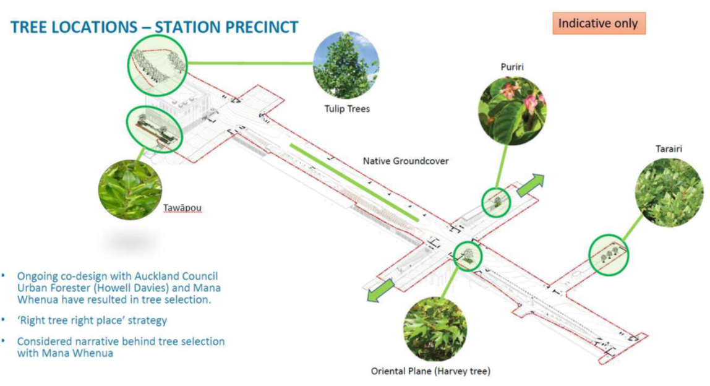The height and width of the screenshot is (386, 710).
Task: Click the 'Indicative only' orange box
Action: tap(598, 24)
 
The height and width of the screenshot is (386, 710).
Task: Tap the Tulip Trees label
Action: tap(347, 109)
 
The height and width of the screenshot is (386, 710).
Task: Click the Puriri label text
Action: tap(512, 66)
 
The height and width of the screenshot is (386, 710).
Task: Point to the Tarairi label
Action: tap(668, 149)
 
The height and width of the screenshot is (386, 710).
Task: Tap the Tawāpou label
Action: tap(182, 208)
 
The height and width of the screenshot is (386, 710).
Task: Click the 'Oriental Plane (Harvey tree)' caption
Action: tap(430, 371)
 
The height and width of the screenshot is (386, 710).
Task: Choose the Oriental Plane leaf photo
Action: tap(435, 328)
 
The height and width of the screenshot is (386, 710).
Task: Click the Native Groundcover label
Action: tap(406, 161)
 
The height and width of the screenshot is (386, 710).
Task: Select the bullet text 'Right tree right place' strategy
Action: tap(92, 320)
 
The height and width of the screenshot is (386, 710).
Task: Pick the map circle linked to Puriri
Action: tap(497, 202)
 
